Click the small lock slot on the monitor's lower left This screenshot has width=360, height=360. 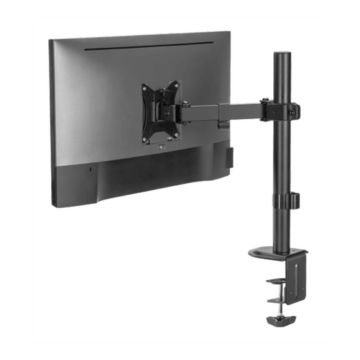[90, 170]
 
